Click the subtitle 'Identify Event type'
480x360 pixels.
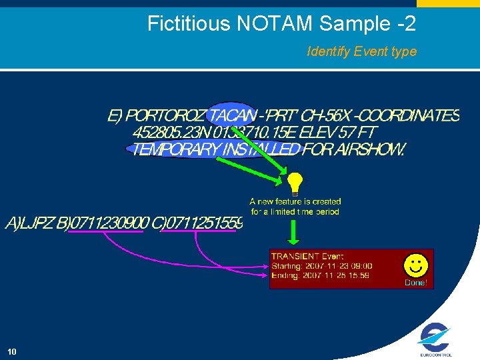click(361, 51)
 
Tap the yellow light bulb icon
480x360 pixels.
click(294, 183)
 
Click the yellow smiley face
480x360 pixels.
click(416, 265)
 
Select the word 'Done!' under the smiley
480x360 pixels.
click(416, 283)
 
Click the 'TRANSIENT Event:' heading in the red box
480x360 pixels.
click(307, 256)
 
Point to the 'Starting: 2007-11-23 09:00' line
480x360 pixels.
click(322, 266)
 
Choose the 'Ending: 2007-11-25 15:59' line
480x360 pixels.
click(321, 275)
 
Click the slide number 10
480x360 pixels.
click(12, 351)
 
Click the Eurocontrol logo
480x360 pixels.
click(436, 340)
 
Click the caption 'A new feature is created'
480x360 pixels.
click(295, 201)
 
